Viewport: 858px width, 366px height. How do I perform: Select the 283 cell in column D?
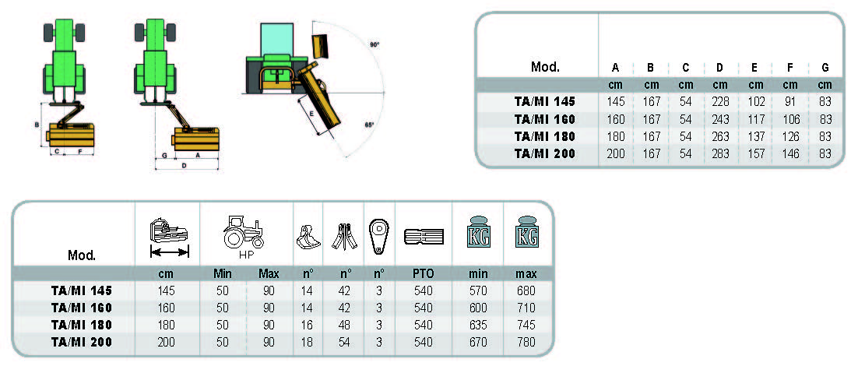[x=720, y=153]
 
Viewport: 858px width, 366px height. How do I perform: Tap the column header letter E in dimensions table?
[x=755, y=67]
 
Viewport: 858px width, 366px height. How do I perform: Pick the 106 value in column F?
[x=790, y=118]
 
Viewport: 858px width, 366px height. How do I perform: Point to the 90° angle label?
[x=374, y=45]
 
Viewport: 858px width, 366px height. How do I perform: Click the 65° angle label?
[x=369, y=125]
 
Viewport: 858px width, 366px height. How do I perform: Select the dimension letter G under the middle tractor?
[x=164, y=156]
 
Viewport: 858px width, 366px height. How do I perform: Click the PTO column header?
[x=424, y=274]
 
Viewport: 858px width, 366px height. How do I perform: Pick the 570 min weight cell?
[x=477, y=290]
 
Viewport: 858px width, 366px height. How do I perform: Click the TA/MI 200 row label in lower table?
[x=81, y=342]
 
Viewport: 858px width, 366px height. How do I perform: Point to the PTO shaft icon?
[x=424, y=234]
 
